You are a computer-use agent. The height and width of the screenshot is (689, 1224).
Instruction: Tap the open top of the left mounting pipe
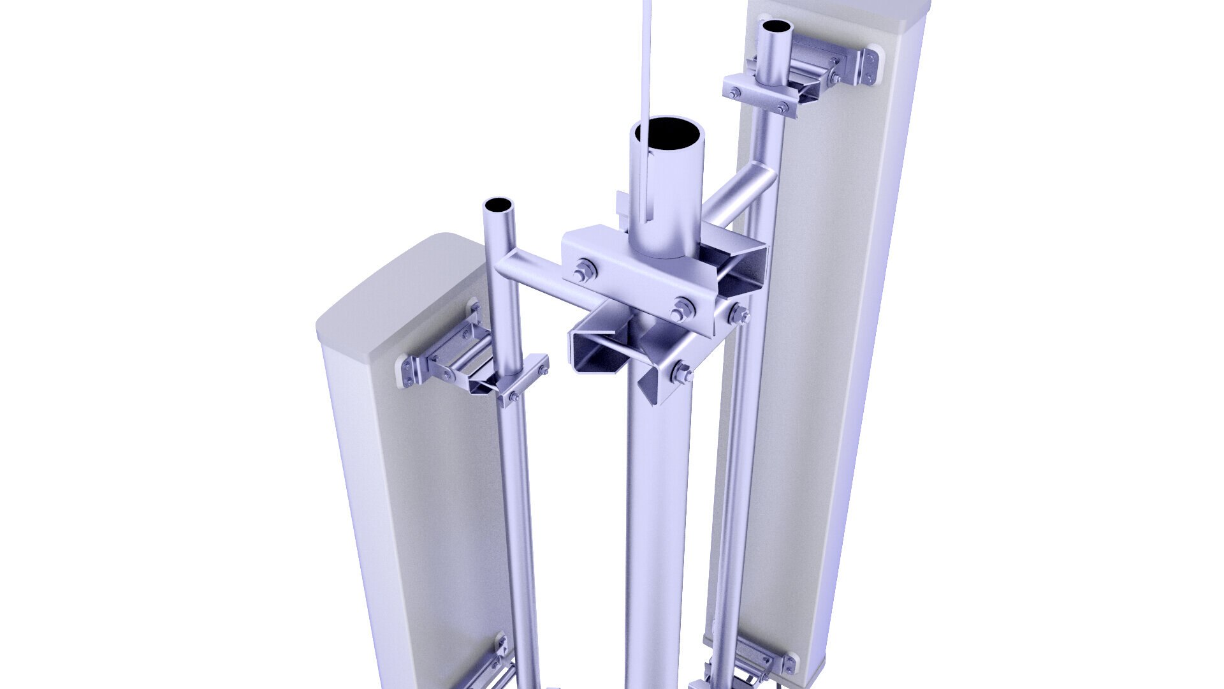498,206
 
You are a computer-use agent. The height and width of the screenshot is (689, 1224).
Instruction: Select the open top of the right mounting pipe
777,27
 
